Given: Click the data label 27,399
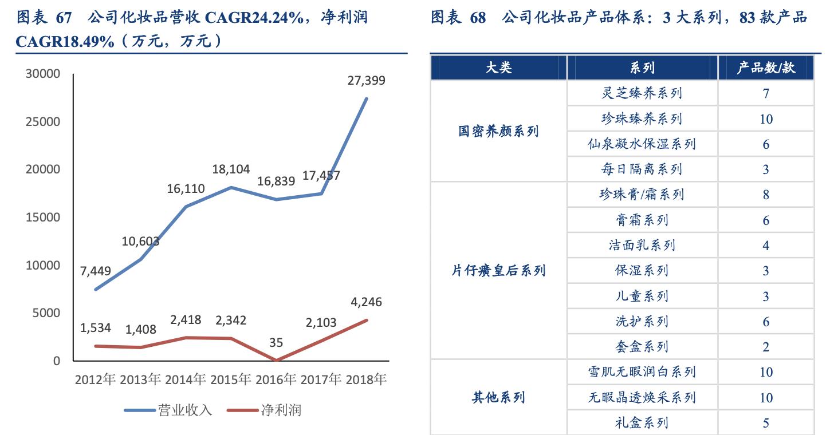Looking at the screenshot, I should [x=367, y=81].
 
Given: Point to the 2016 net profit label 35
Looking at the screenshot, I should [x=276, y=343].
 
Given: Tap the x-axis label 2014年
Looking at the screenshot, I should [x=185, y=379].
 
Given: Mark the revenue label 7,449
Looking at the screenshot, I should [x=96, y=271].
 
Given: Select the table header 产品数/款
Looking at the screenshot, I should [x=766, y=68].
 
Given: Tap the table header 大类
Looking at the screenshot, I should [x=498, y=68].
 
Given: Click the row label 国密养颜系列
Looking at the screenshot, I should [x=498, y=131].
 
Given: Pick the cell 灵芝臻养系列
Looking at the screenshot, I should [x=642, y=93].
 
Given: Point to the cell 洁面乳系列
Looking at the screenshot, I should [x=642, y=246].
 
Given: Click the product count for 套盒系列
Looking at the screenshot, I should [x=766, y=347].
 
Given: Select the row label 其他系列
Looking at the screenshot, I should [x=498, y=397].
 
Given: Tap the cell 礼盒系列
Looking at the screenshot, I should [x=642, y=423].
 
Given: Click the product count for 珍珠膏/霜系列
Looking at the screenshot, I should [x=766, y=195].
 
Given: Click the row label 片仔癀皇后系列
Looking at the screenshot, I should [x=498, y=271].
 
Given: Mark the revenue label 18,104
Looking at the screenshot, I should [x=231, y=169].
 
